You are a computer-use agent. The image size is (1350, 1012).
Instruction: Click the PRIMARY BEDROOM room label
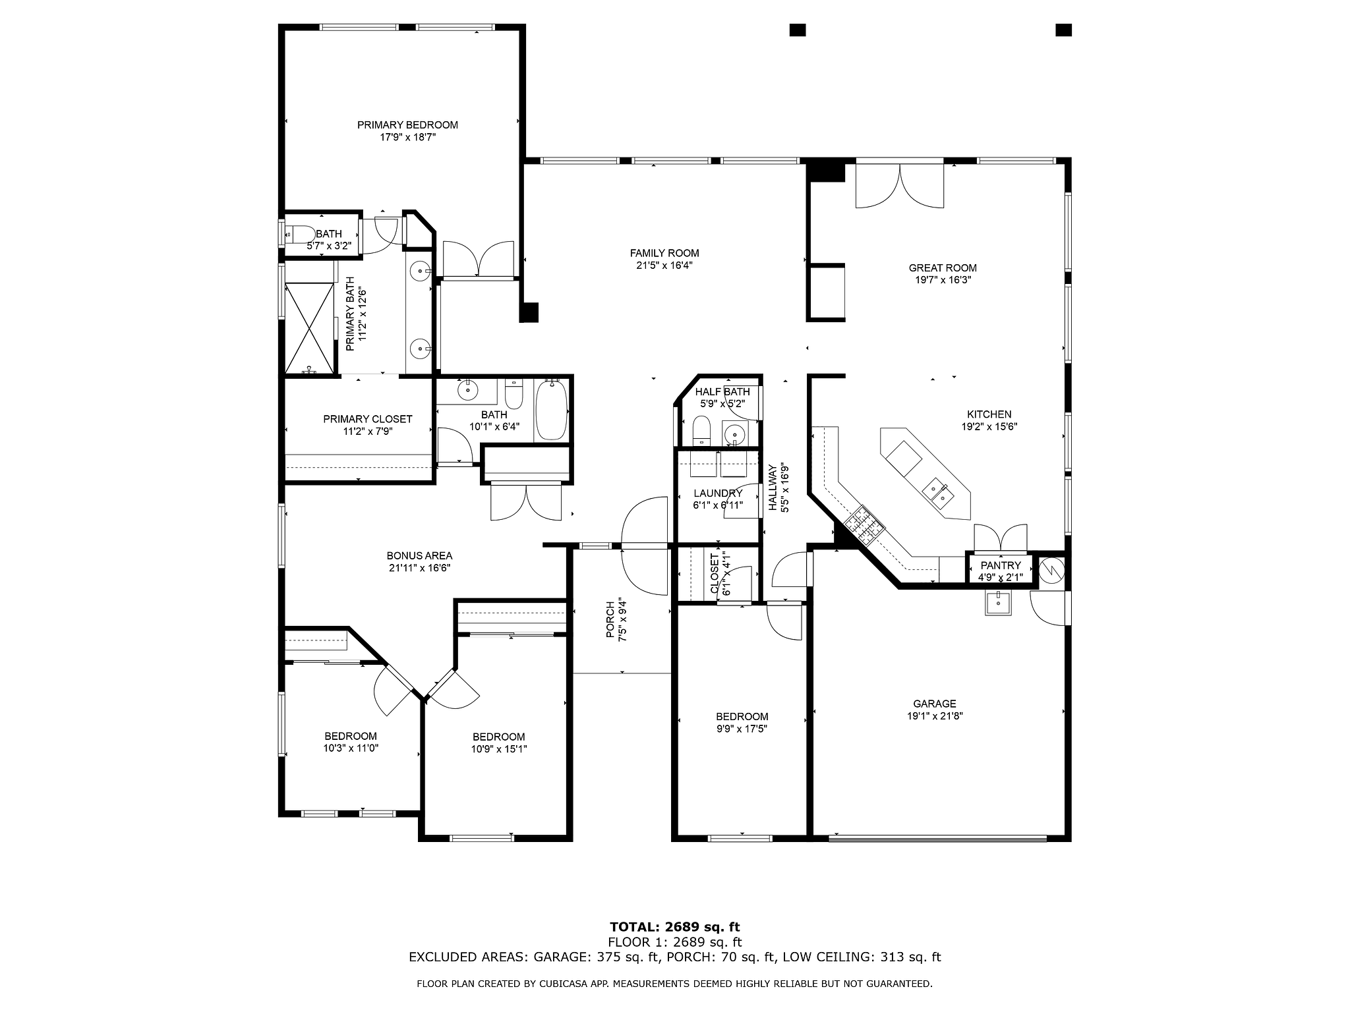coord(407,125)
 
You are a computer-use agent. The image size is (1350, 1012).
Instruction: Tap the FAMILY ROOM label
coord(664,253)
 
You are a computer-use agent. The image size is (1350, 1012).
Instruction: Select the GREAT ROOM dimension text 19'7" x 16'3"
coord(943,279)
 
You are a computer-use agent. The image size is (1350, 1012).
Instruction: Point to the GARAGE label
coord(935,704)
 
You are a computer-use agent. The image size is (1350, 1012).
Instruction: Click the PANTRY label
coord(1001,565)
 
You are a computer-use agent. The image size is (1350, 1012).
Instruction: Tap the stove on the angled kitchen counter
coord(866,525)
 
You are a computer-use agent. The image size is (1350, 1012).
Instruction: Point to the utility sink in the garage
coord(999,603)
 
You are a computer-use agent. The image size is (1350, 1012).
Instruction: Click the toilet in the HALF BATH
coord(701,431)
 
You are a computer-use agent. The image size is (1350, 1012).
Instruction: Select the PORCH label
coord(610,619)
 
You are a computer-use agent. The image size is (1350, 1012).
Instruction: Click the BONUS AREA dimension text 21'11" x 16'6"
coord(419,568)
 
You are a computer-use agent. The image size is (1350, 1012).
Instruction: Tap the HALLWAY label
coord(772,488)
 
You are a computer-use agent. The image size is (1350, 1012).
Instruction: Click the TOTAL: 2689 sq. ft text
coord(675,928)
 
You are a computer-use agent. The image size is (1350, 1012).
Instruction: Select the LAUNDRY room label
coord(718,493)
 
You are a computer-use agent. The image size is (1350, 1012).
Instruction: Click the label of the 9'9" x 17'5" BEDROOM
coord(742,717)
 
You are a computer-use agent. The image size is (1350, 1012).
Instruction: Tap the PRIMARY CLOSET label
coord(368,420)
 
